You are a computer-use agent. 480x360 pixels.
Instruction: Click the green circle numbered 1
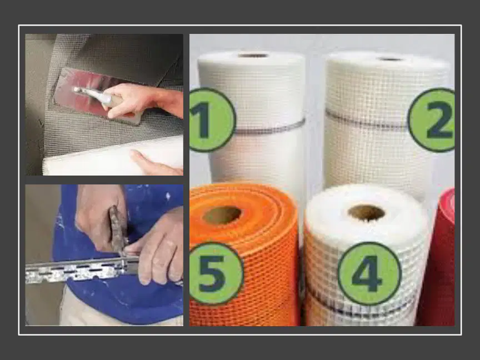click(211, 120)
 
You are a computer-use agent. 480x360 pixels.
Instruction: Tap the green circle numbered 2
click(432, 120)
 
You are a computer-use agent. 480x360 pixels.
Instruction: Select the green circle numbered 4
click(369, 273)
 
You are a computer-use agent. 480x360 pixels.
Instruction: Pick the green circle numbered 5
click(215, 273)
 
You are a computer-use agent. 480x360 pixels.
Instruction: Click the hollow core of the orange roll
click(222, 215)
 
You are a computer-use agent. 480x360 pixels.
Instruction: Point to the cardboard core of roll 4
click(366, 213)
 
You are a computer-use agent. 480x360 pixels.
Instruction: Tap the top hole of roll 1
click(253, 56)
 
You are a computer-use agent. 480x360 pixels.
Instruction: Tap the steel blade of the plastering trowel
click(92, 95)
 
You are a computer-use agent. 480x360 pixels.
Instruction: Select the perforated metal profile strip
click(83, 269)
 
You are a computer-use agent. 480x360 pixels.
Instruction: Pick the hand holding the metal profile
click(159, 248)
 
